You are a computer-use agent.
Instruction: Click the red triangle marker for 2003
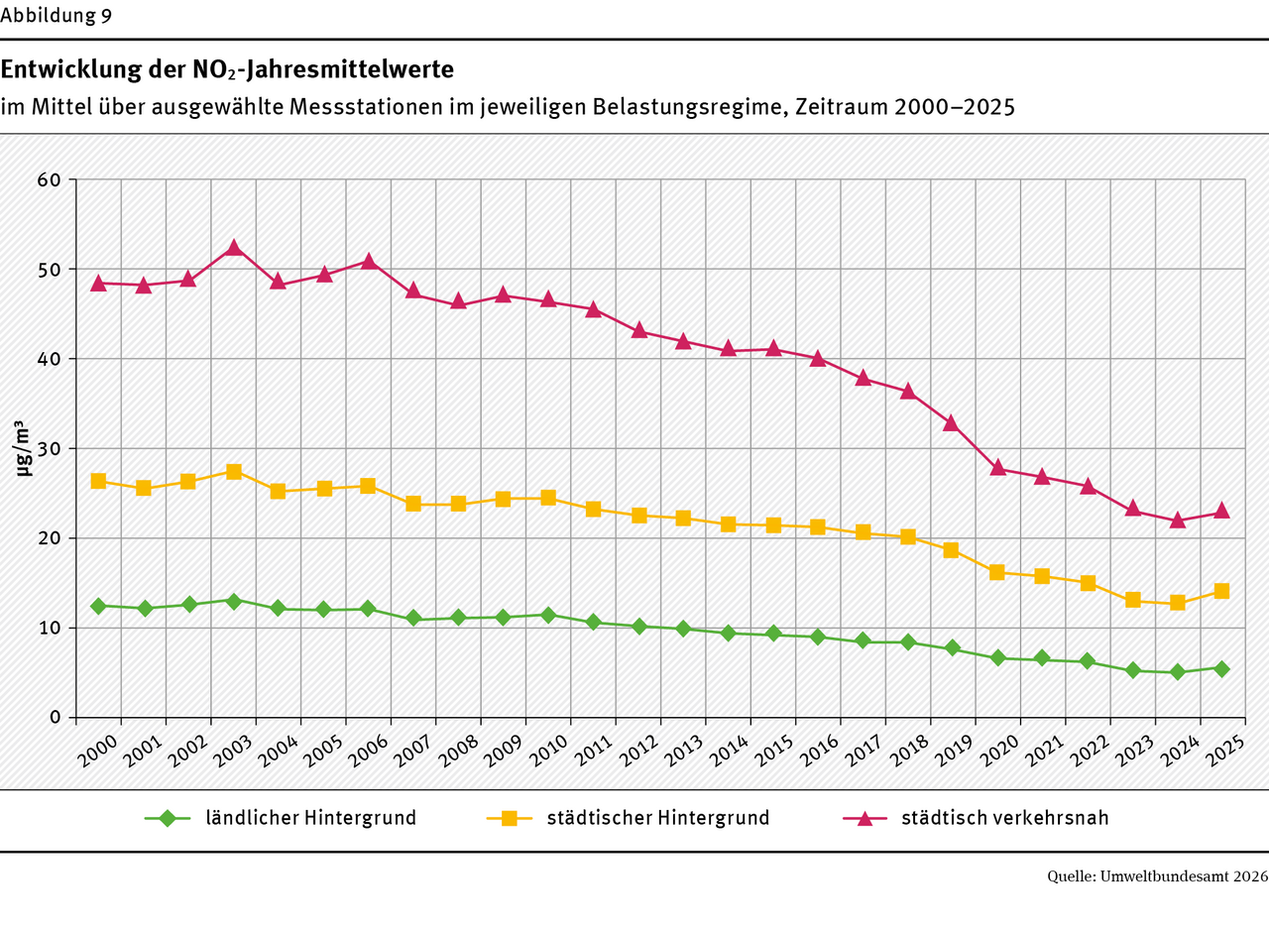coord(233,248)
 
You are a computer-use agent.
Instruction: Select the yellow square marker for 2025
coord(1221,591)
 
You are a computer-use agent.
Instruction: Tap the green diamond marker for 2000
coord(98,606)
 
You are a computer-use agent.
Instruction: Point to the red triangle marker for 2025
coord(1221,511)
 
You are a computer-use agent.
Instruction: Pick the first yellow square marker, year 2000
coord(98,481)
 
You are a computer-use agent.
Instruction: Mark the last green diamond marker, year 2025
coord(1221,669)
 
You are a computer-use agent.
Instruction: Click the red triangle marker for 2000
coord(98,283)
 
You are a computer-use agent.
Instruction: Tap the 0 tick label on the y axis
coord(57,717)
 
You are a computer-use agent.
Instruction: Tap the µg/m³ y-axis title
coord(22,448)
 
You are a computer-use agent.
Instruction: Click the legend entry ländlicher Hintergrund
coord(310,819)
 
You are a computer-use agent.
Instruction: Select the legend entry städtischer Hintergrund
coord(657,819)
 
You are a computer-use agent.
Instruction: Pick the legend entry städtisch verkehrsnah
coord(1004,819)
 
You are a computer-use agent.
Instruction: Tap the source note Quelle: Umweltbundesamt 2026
coord(1157,876)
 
